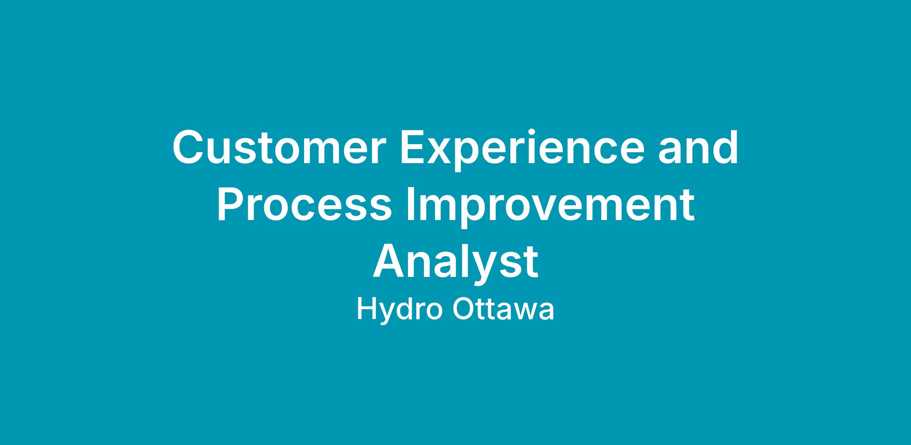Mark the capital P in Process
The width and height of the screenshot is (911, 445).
tap(231, 204)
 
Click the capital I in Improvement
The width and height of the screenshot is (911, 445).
tap(410, 204)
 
